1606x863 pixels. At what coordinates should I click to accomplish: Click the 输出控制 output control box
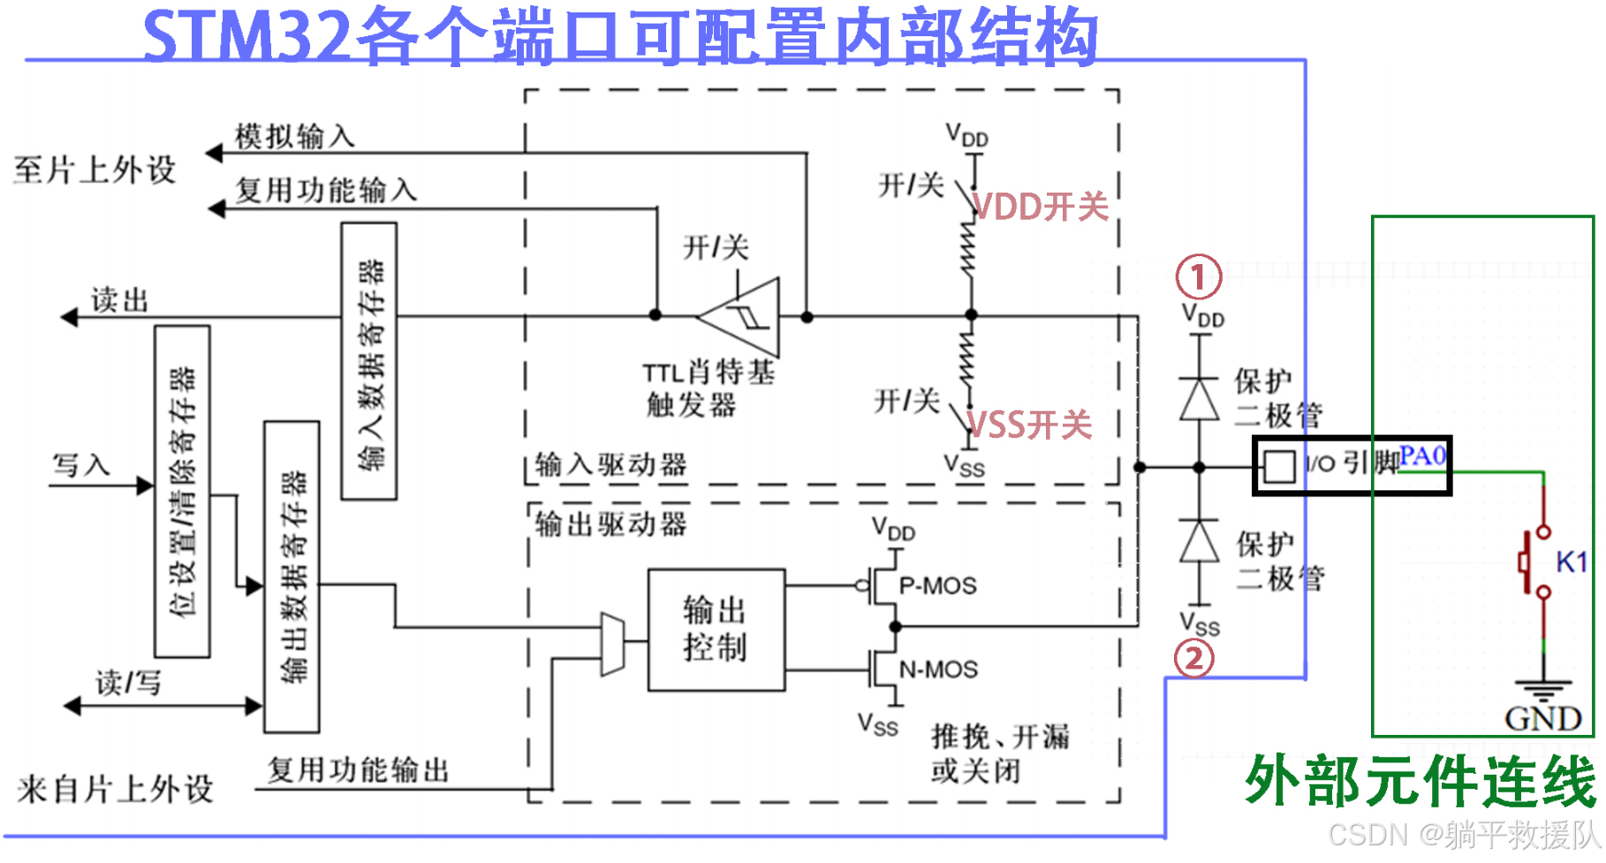716,630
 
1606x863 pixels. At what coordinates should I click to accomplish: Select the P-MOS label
937,586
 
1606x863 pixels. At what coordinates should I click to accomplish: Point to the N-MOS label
938,670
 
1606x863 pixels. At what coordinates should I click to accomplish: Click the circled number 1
1198,277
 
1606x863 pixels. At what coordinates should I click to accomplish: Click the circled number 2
1193,658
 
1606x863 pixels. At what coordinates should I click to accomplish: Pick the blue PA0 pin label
1422,456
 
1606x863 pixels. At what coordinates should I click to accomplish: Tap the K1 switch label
1572,562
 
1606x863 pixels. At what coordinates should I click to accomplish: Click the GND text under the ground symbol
1542,719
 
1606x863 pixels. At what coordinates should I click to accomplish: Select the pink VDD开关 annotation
1041,207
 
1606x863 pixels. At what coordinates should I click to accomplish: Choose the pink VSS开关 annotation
1030,425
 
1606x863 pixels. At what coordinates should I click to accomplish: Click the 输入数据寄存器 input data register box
369,361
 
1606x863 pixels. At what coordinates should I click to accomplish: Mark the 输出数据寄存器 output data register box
292,577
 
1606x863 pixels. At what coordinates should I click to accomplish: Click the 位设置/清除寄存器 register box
182,491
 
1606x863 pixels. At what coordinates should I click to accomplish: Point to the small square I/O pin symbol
1278,466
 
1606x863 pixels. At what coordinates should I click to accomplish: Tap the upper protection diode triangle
1199,398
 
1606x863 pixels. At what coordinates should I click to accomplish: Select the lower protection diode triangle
1199,541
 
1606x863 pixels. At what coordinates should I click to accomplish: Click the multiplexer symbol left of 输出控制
612,643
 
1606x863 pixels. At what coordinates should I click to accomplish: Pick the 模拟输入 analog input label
295,137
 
